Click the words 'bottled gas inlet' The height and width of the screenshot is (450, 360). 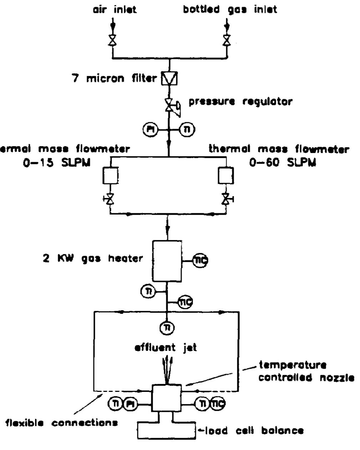(x=230, y=10)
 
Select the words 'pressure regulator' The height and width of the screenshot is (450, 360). (x=240, y=102)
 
